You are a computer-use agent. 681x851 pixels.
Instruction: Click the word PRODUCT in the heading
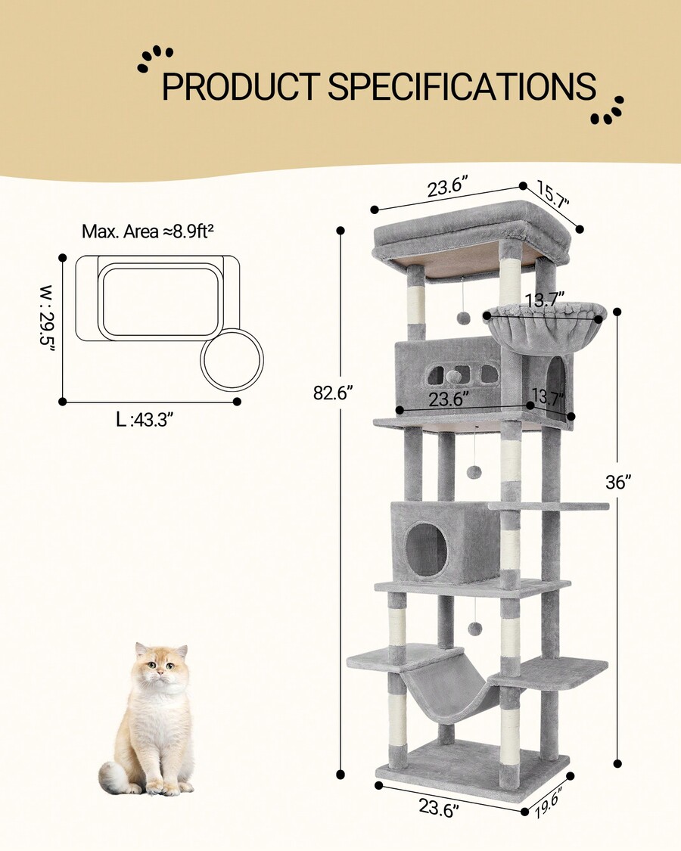[x=240, y=87]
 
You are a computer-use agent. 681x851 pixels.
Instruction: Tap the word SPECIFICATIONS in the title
[x=462, y=87]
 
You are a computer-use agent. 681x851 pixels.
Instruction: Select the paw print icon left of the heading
[x=154, y=59]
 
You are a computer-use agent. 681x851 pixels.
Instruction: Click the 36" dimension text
[x=618, y=482]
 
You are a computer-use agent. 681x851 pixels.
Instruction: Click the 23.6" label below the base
[x=439, y=809]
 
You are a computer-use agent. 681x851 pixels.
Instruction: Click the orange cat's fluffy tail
[x=115, y=778]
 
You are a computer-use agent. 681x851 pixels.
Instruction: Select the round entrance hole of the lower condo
[x=427, y=548]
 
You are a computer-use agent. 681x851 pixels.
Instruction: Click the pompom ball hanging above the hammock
[x=474, y=629]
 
